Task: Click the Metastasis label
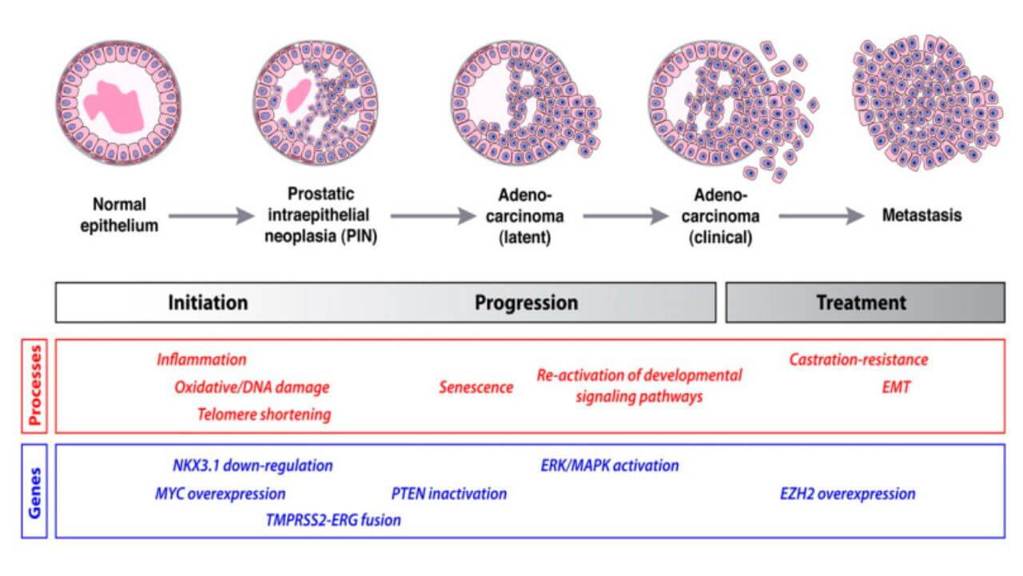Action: [x=921, y=215]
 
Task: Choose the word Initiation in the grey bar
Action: [x=208, y=303]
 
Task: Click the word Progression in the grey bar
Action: [x=526, y=303]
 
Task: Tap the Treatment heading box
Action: [x=865, y=302]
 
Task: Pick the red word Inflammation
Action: [x=201, y=360]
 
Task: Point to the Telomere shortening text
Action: [x=264, y=414]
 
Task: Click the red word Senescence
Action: [x=476, y=388]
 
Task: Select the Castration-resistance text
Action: [x=858, y=360]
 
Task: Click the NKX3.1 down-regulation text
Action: [x=253, y=466]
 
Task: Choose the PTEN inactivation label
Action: [x=448, y=494]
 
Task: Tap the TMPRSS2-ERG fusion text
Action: [x=332, y=521]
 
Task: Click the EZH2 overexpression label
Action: [x=847, y=494]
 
